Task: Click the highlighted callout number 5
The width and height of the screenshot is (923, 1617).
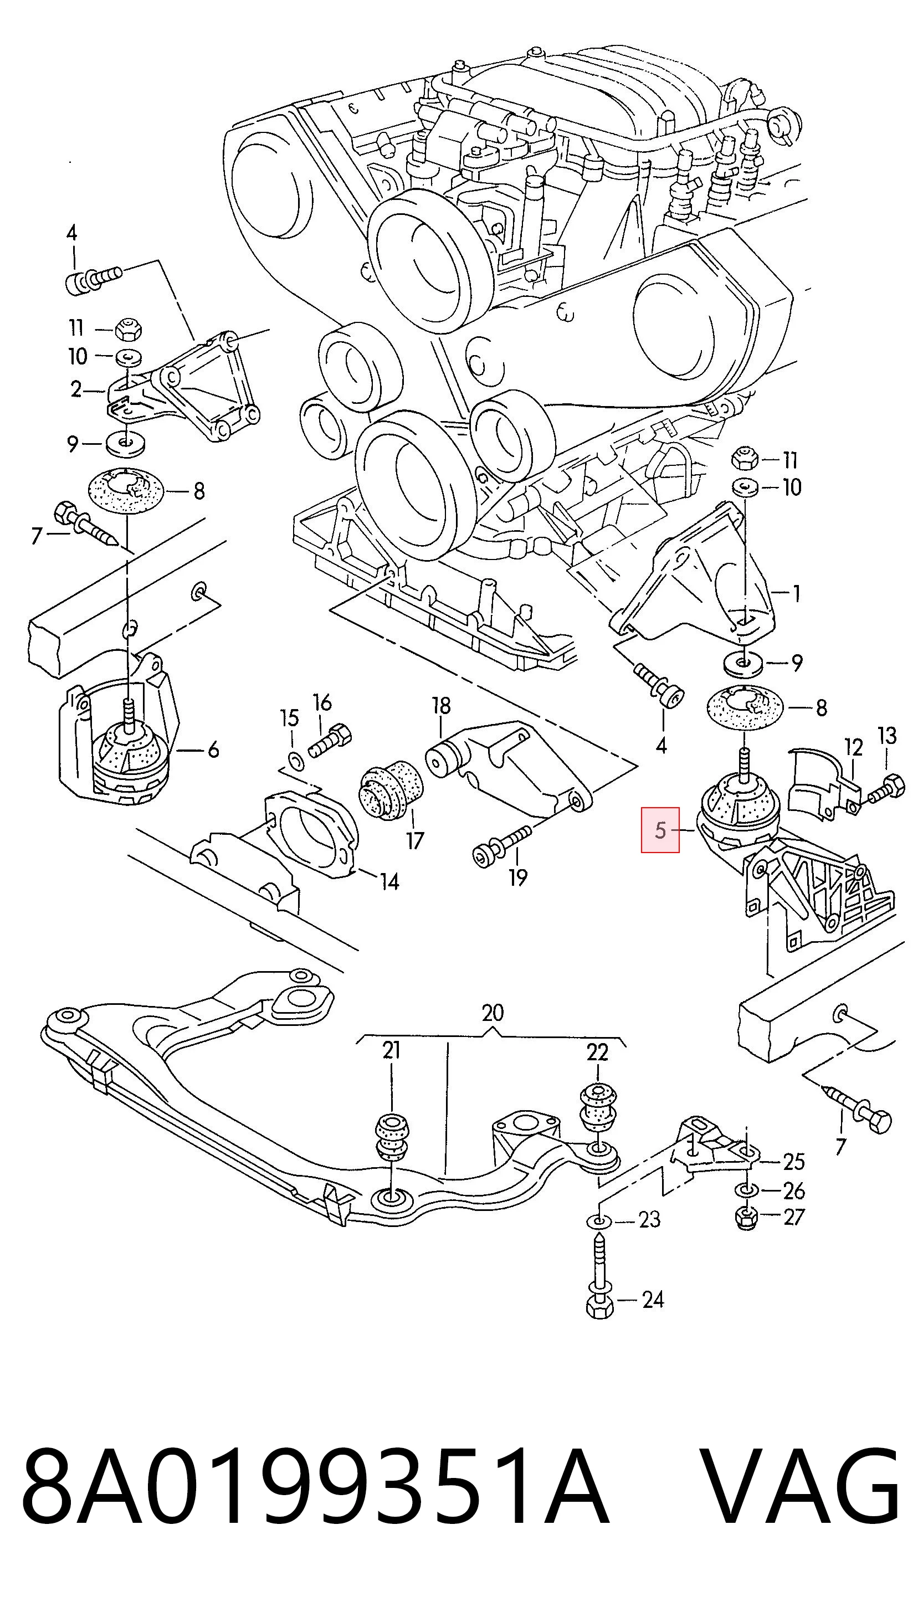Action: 660,830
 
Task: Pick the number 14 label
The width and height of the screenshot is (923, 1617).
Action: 389,881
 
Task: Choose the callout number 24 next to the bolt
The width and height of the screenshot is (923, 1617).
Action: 653,1300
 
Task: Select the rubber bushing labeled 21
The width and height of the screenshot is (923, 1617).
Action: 392,1137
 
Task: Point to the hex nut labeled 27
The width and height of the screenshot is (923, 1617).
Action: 746,1217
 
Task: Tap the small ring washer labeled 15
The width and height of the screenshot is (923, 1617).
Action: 295,759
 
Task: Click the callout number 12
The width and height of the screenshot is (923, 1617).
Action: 854,748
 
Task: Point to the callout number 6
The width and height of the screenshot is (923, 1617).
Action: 213,750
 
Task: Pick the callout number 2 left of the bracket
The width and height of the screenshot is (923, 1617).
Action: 76,389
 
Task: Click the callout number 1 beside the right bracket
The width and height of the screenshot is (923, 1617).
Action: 796,594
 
